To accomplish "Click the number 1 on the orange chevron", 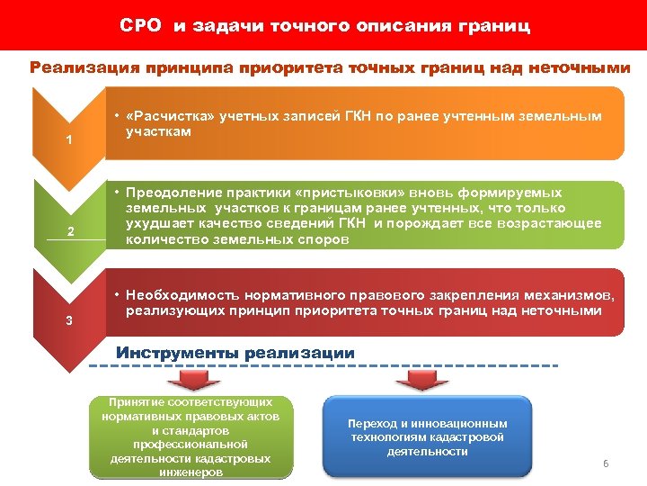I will (x=69, y=140).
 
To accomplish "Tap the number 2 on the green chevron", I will (x=70, y=232).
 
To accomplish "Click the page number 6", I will (x=606, y=463).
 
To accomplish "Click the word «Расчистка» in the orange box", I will (x=164, y=116).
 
